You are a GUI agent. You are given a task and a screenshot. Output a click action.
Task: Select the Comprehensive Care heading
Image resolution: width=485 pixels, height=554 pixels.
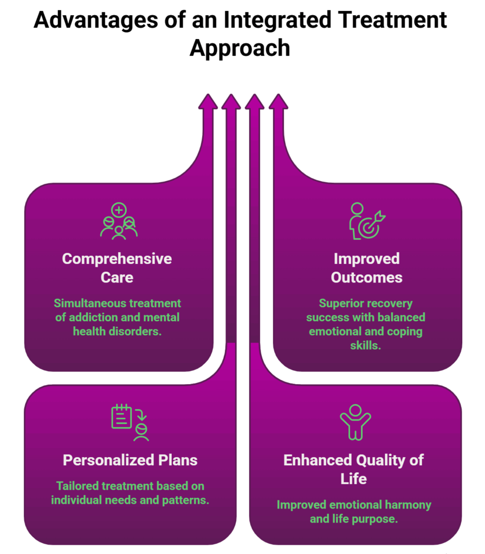(x=117, y=268)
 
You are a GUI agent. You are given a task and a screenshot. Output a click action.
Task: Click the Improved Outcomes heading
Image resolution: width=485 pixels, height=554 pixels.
(x=366, y=268)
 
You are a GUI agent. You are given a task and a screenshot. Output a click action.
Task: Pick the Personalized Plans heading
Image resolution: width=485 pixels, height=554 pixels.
(x=130, y=460)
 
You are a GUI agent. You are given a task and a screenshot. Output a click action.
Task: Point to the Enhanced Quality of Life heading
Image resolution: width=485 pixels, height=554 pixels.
(x=353, y=469)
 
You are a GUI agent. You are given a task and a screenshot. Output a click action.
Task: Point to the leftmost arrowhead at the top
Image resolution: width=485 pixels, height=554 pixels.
(x=208, y=102)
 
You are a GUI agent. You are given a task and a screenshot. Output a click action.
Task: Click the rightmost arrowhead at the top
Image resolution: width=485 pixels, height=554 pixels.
(x=279, y=102)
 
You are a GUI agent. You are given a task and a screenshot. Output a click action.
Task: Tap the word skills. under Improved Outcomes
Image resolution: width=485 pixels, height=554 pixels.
(x=366, y=345)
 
